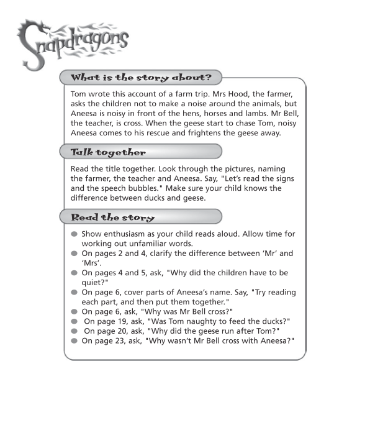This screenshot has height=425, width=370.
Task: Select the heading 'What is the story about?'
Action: (x=141, y=78)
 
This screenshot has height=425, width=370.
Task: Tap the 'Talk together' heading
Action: (x=109, y=152)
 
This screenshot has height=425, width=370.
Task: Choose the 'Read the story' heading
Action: (x=113, y=217)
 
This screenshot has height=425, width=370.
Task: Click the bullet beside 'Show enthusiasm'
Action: (x=74, y=234)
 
